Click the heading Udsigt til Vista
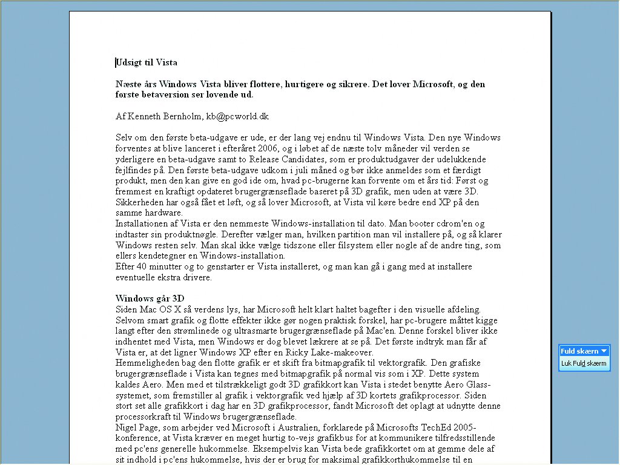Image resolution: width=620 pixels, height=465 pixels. coord(147,62)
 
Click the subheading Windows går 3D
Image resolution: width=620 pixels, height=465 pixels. coord(150,298)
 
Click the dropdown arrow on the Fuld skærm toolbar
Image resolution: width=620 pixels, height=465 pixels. coord(604,351)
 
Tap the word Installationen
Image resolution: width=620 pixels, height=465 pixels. coord(142,224)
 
